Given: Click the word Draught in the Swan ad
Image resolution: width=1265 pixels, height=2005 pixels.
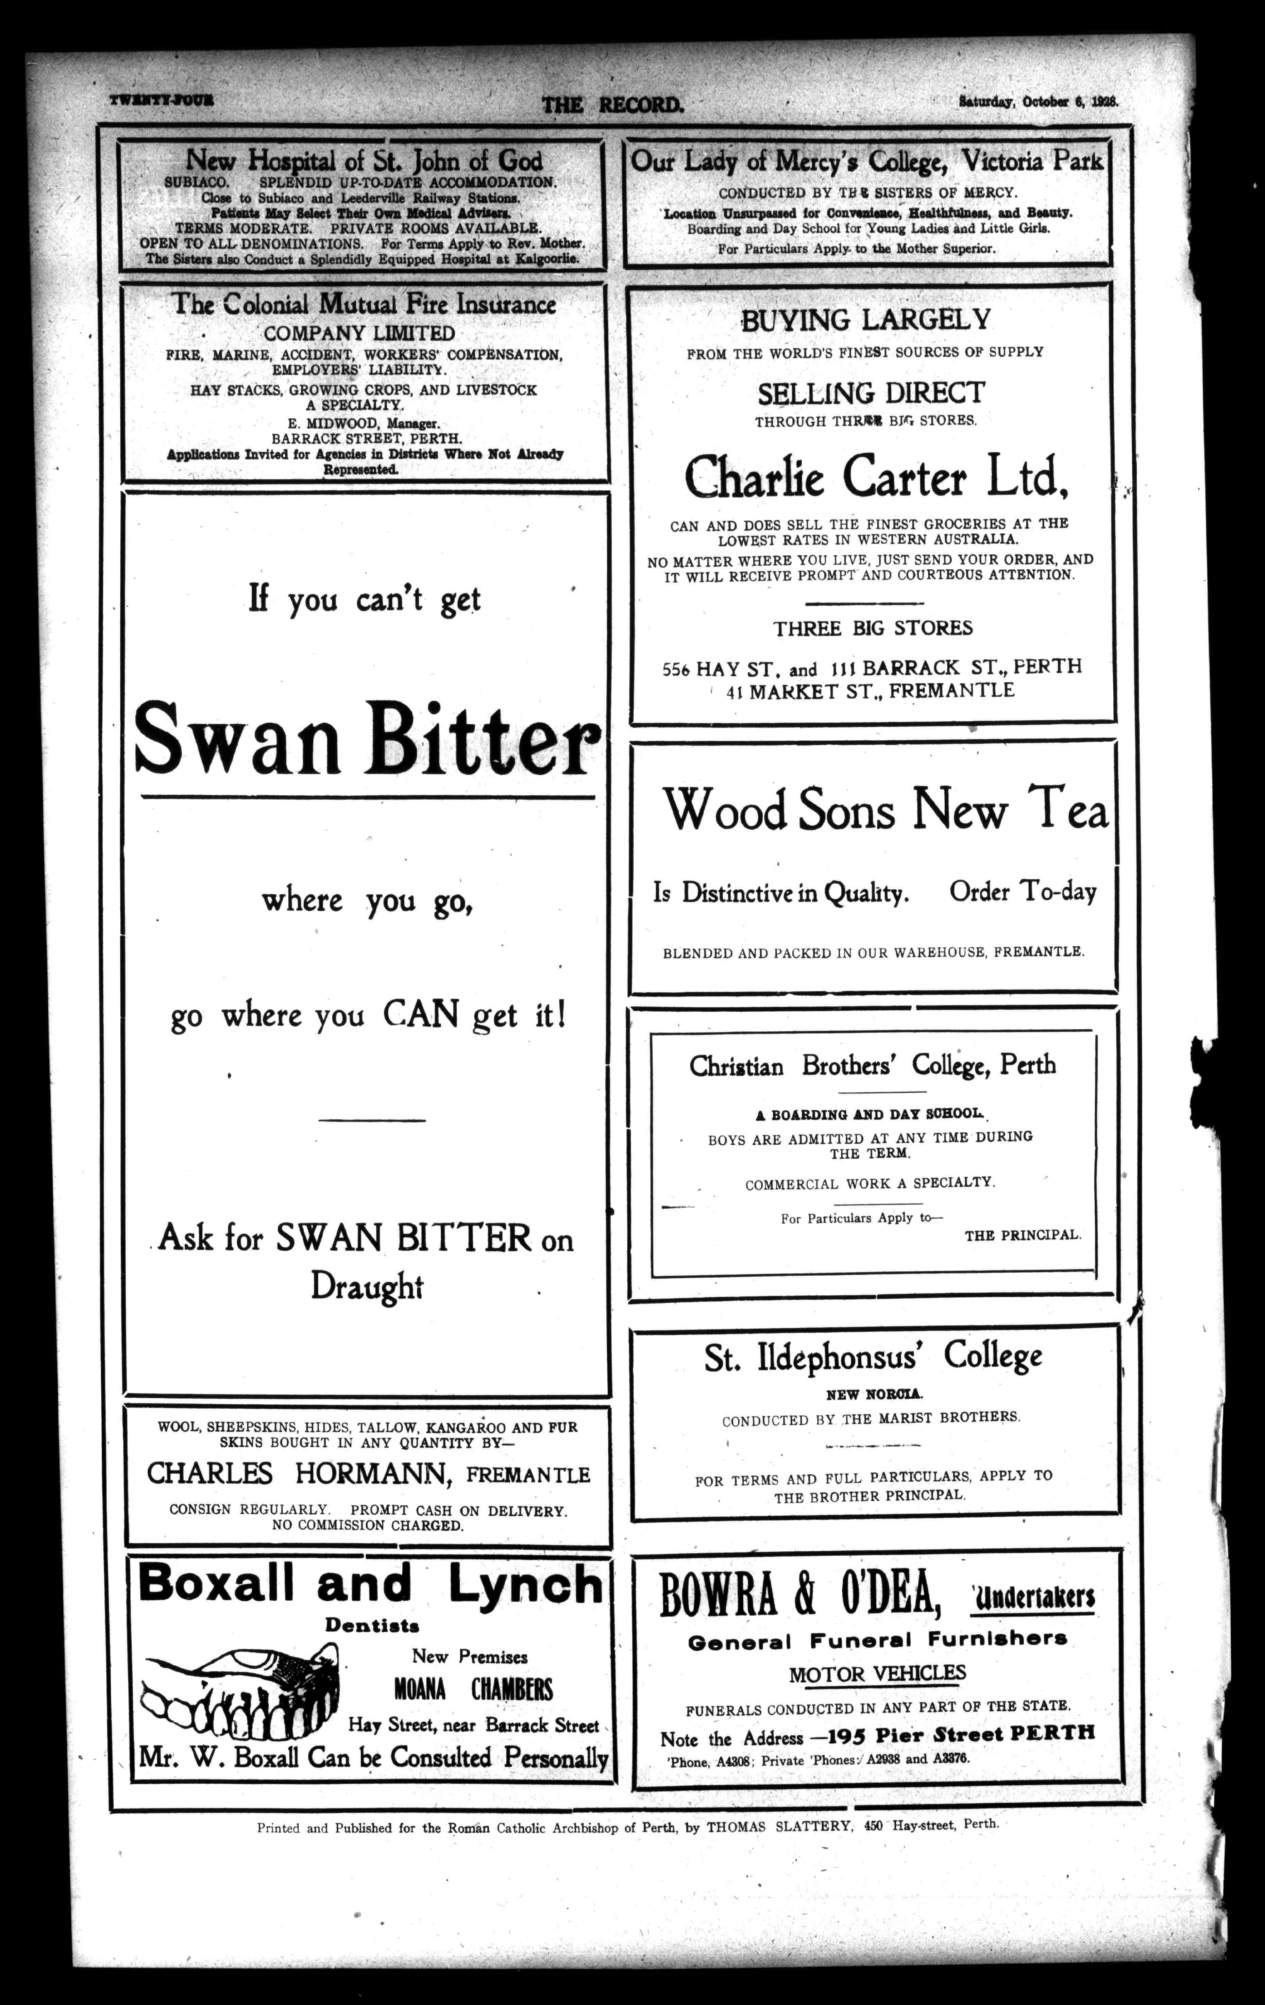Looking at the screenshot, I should point(367,1286).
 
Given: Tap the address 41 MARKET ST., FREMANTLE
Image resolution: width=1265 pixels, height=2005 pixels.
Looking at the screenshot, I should point(870,690).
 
